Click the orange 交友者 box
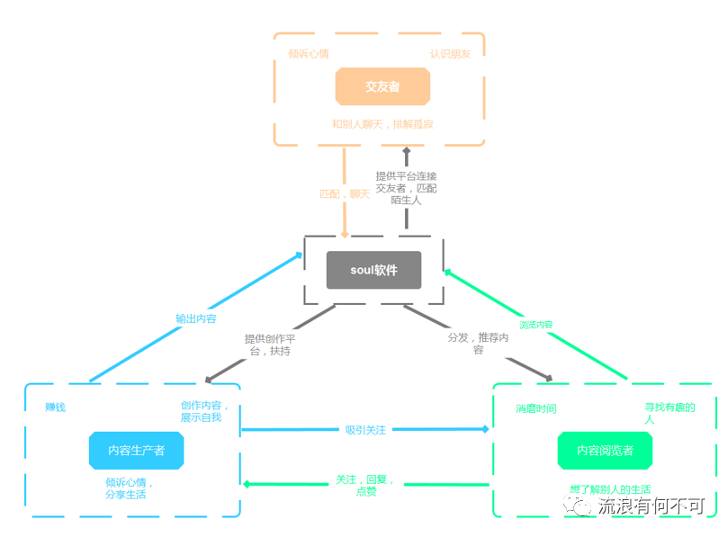click(382, 87)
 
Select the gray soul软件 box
click(373, 270)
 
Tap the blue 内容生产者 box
click(136, 450)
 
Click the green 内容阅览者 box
click(605, 450)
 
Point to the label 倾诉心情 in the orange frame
click(308, 53)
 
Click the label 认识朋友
click(450, 53)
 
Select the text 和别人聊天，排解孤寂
click(382, 123)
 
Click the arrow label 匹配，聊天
click(344, 193)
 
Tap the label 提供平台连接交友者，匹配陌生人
click(406, 188)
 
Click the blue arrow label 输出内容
click(195, 318)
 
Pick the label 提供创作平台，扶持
click(267, 345)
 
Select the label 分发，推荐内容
click(478, 343)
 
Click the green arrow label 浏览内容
click(536, 325)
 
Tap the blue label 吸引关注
click(365, 430)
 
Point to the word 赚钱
click(55, 407)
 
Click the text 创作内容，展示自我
click(200, 411)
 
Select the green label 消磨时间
click(535, 408)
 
